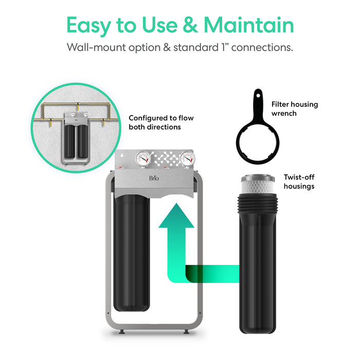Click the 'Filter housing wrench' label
click(295, 109)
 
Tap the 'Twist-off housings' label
click(299, 181)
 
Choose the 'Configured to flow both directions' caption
click(154, 122)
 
